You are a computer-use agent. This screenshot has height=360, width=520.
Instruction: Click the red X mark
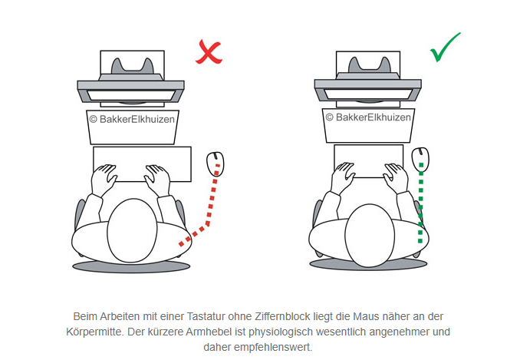pyautogui.click(x=209, y=52)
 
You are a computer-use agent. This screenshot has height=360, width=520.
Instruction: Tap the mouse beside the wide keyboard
pyautogui.click(x=216, y=164)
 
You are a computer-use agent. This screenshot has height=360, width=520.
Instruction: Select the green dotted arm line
pyautogui.click(x=420, y=203)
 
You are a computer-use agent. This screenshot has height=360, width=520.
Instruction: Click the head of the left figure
pyautogui.click(x=132, y=230)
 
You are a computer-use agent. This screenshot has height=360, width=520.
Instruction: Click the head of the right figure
pyautogui.click(x=370, y=235)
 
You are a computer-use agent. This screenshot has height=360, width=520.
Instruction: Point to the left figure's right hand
pyautogui.click(x=157, y=180)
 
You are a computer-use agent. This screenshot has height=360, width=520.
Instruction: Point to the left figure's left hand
pyautogui.click(x=104, y=180)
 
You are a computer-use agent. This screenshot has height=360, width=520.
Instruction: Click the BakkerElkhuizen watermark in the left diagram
pyautogui.click(x=132, y=119)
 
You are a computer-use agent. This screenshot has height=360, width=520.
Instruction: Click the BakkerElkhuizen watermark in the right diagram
pyautogui.click(x=368, y=117)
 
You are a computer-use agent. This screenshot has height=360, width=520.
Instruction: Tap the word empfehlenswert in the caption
pyautogui.click(x=273, y=348)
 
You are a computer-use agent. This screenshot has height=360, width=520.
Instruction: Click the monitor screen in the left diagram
pyautogui.click(x=131, y=95)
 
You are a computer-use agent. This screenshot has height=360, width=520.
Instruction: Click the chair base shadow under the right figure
pyautogui.click(x=368, y=265)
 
